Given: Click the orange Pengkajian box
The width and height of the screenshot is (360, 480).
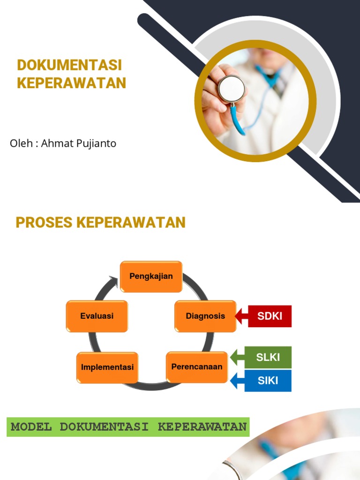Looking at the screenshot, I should [x=151, y=276].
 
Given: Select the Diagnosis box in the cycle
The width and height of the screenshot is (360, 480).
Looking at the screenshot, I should [x=205, y=316].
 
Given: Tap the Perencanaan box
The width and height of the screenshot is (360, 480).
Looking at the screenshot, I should [x=197, y=367].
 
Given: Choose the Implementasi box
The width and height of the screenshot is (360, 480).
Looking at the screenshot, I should [x=107, y=367].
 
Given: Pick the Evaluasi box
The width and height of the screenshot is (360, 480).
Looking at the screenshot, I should [x=97, y=316].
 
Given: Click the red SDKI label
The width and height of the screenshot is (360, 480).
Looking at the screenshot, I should [x=270, y=316].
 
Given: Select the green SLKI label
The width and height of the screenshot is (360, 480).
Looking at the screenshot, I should [x=268, y=357].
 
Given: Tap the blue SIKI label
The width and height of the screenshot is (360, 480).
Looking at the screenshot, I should [x=268, y=380].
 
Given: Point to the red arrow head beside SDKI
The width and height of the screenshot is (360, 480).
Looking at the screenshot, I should [x=240, y=316].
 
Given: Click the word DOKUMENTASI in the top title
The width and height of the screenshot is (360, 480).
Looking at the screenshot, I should [x=69, y=65].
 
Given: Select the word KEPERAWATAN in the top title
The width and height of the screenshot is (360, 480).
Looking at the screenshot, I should [x=72, y=83].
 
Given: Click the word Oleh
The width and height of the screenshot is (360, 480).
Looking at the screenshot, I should [x=21, y=143].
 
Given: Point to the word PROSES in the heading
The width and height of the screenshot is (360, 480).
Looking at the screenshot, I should [x=44, y=222].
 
